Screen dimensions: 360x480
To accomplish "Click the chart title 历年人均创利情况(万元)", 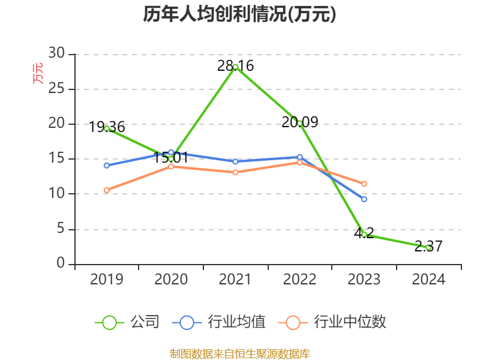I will (239, 14).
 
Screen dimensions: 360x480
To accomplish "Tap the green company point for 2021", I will (235, 67).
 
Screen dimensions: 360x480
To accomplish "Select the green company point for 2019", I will (107, 128).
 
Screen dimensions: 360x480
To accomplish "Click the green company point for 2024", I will (428, 247).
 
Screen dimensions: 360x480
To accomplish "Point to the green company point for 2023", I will (364, 235).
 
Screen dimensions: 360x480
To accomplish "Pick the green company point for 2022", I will (300, 123).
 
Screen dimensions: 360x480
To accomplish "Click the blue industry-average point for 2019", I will (107, 166).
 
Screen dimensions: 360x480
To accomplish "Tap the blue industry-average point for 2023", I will (364, 199).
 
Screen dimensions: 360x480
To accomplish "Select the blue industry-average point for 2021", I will (235, 161).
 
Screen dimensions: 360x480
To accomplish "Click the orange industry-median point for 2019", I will (107, 190).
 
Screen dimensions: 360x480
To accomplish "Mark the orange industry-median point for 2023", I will (364, 184).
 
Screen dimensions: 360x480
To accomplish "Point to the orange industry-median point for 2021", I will (235, 172).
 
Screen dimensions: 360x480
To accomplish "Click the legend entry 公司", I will (128, 322).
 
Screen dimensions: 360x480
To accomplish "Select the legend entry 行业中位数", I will (333, 322).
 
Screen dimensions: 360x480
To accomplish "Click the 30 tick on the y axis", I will (56, 54).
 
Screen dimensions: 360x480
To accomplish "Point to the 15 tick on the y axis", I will (56, 159).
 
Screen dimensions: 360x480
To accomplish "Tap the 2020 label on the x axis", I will (171, 280).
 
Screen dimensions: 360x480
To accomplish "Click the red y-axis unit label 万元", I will (38, 73).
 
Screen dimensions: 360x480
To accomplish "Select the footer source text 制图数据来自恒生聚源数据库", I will (239, 354).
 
